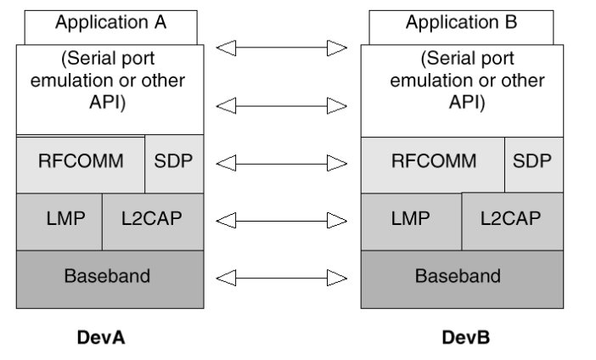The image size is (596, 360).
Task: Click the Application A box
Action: click(x=110, y=27)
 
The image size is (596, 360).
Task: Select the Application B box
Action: click(x=461, y=27)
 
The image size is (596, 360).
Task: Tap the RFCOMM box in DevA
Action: click(x=81, y=164)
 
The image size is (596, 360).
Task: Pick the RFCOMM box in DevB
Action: click(x=432, y=165)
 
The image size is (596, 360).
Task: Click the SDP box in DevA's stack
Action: click(x=174, y=164)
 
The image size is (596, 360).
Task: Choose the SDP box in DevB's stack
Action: click(x=534, y=165)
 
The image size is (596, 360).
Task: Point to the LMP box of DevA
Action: click(x=59, y=222)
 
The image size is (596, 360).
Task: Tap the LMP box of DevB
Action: click(x=411, y=222)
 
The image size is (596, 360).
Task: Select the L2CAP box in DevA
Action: click(x=153, y=222)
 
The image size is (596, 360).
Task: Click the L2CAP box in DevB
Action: click(x=513, y=222)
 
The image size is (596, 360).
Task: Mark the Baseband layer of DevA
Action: click(x=110, y=279)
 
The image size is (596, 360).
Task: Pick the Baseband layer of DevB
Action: click(x=462, y=279)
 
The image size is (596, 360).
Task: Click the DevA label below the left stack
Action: click(x=101, y=338)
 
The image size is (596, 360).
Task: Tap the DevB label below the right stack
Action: click(x=465, y=338)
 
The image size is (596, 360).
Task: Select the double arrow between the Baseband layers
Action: click(x=282, y=278)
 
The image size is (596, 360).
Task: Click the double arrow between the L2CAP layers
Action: click(x=282, y=221)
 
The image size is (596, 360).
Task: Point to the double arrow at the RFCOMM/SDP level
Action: click(x=282, y=164)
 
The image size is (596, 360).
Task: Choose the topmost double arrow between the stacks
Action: click(x=282, y=48)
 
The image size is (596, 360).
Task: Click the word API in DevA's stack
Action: click(x=106, y=102)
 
